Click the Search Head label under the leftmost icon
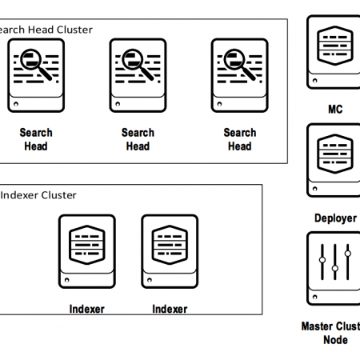pyautogui.click(x=36, y=139)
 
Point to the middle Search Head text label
pyautogui.click(x=138, y=139)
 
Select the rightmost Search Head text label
pyautogui.click(x=239, y=139)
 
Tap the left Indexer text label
pyautogui.click(x=86, y=309)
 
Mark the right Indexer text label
pyautogui.click(x=169, y=309)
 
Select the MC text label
pyautogui.click(x=334, y=110)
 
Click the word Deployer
pyautogui.click(x=334, y=218)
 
